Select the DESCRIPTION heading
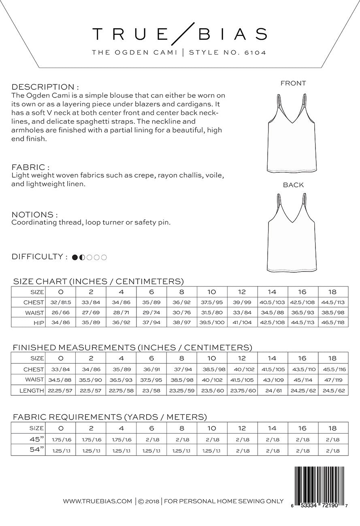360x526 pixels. (45, 87)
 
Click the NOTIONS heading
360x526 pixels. (34, 214)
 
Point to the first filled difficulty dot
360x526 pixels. (75, 257)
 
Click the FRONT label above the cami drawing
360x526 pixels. (293, 83)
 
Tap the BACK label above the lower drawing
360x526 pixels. (293, 185)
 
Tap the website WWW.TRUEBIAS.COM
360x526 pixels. (97, 501)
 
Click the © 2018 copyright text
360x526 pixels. (149, 501)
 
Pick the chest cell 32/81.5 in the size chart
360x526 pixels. (61, 302)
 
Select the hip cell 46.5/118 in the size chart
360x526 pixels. (333, 322)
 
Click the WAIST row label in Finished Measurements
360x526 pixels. (34, 380)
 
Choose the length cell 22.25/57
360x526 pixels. (61, 390)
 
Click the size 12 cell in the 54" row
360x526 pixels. (242, 450)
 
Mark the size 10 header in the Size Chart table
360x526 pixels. (212, 292)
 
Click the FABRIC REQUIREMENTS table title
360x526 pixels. (110, 417)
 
